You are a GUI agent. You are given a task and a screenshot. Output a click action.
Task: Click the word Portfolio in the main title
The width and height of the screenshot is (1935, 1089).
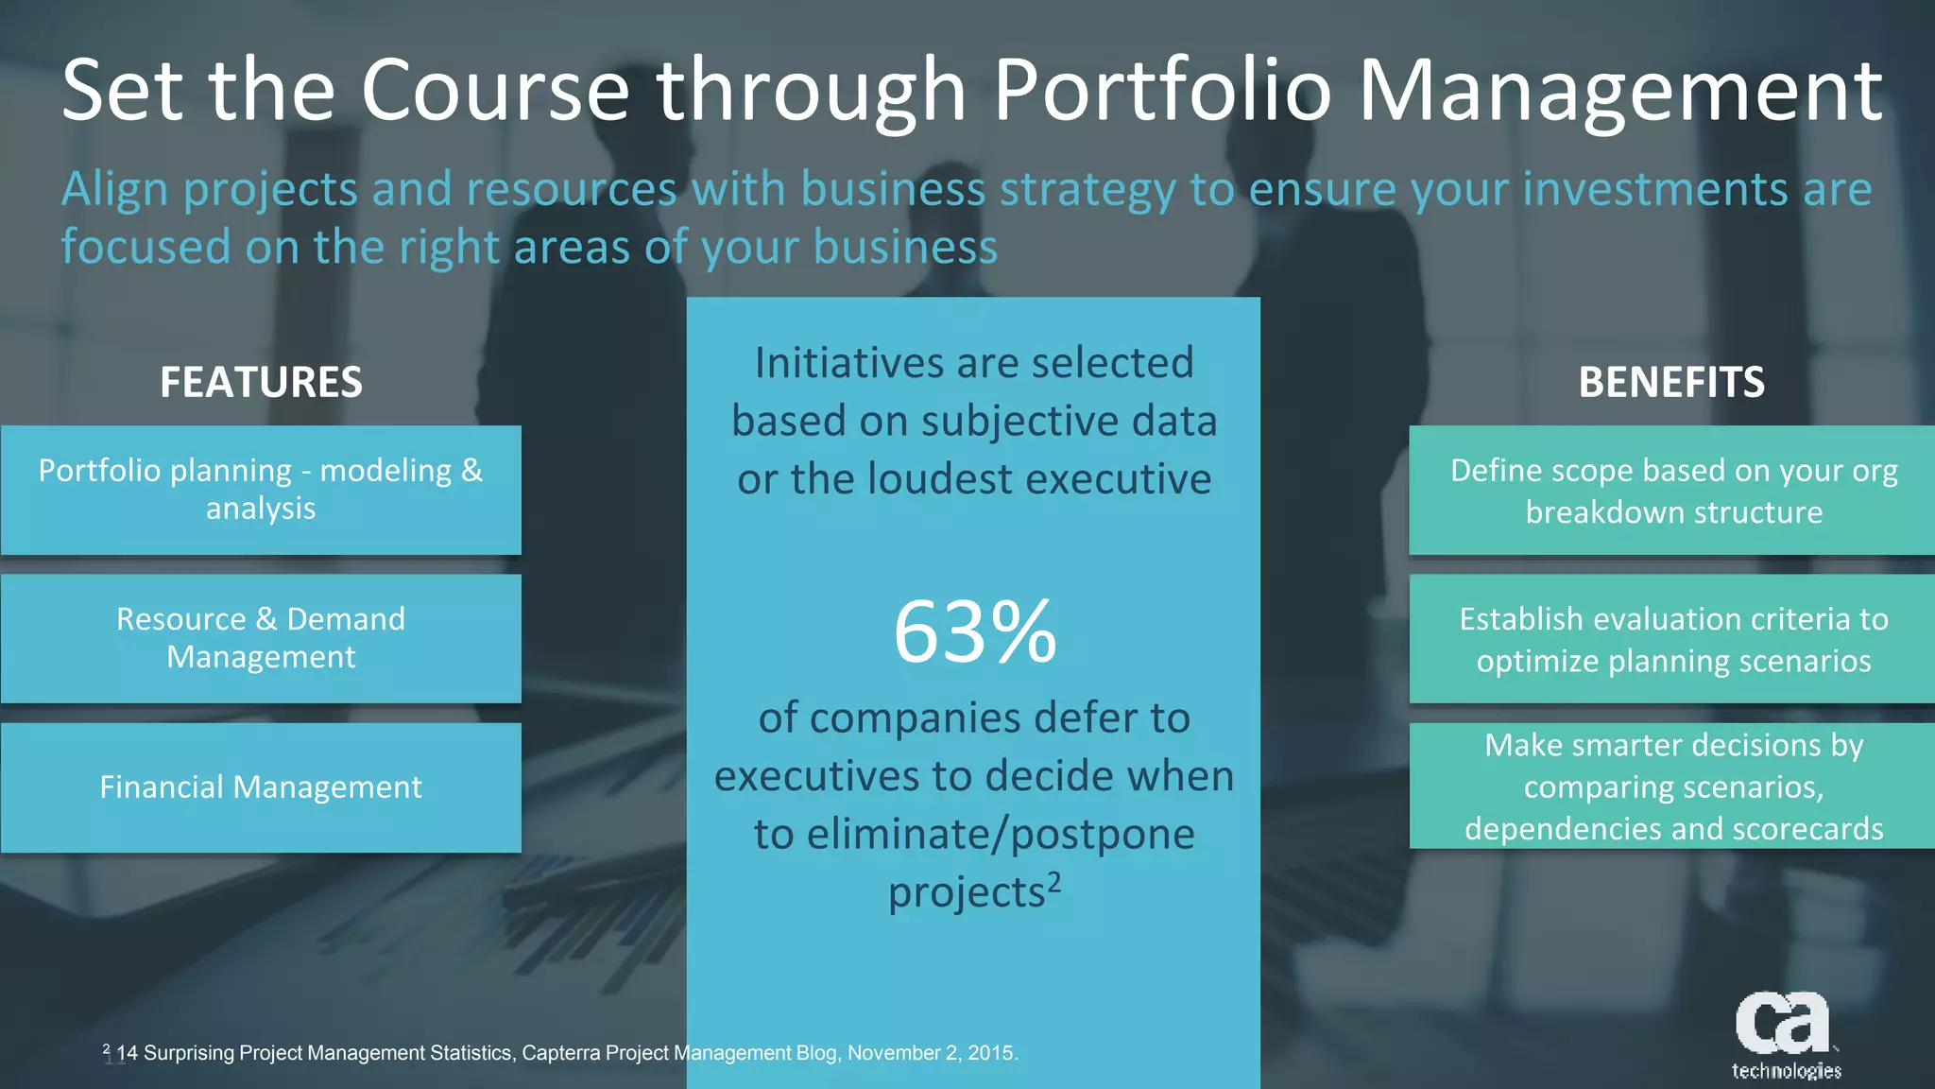pos(1161,91)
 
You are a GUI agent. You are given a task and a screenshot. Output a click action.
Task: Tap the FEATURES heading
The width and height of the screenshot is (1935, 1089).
pos(261,382)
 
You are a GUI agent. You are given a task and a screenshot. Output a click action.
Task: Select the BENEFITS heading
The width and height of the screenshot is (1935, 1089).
pos(1670,382)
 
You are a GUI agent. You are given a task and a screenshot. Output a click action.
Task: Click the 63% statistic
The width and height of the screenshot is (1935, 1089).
pos(974,631)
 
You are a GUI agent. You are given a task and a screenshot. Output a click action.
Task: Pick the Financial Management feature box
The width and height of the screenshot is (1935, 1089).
pos(261,787)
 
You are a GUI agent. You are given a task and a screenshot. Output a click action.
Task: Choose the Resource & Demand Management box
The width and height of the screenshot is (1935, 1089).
pos(261,638)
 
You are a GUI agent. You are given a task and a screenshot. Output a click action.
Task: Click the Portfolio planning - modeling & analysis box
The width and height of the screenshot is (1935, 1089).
pos(261,490)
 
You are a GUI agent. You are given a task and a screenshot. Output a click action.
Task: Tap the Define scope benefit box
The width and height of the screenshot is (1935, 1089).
pos(1672,490)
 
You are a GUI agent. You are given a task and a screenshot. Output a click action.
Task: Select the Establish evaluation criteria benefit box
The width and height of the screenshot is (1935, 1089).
pos(1672,638)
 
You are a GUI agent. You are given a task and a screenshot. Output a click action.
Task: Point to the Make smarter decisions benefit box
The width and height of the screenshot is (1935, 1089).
pos(1672,786)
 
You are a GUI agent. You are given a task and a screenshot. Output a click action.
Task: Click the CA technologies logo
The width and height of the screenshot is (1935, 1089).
pos(1785,1035)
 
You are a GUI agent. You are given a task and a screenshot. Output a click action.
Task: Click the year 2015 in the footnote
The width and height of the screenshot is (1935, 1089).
pos(991,1053)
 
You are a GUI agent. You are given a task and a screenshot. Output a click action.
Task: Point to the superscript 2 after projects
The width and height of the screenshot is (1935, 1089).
pos(1054,882)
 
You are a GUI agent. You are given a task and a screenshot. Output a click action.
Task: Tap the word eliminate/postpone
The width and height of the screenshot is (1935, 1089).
pos(974,835)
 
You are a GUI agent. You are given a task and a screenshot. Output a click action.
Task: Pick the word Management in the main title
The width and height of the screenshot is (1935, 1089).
pos(1619,91)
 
